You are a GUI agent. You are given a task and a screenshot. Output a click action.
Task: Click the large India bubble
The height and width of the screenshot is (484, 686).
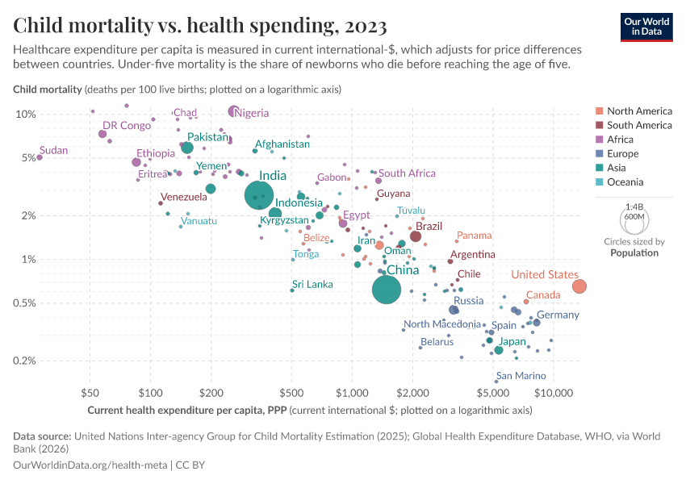coord(266,195)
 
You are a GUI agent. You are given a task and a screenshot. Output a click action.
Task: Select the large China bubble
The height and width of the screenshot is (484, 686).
coord(387,290)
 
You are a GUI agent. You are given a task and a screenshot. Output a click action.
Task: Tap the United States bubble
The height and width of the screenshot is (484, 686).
coord(579,286)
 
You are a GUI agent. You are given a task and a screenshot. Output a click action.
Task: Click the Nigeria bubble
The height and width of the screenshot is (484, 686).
coord(234,111)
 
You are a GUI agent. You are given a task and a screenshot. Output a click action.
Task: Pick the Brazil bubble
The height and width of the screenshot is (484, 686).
coord(416,236)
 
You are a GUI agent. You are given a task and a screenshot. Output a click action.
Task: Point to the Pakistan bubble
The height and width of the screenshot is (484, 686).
coord(187,148)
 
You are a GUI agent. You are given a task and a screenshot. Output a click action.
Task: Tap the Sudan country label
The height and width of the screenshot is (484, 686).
coord(53,150)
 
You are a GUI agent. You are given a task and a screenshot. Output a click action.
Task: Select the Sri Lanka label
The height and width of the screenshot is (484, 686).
coord(312,284)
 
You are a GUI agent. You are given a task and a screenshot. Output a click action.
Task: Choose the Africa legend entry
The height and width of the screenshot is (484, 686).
coord(621,140)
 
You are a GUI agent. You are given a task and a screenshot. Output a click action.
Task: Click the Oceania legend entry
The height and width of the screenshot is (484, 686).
coord(626,182)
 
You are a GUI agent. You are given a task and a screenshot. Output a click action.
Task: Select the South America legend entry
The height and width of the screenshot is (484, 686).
coord(638,125)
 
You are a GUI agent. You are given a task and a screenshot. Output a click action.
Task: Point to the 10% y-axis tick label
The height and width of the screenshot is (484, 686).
coord(26,114)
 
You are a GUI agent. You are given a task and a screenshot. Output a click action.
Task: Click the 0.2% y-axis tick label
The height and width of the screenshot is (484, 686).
coord(24,361)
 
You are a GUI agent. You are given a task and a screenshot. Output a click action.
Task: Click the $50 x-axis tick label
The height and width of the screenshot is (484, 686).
coord(90,393)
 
